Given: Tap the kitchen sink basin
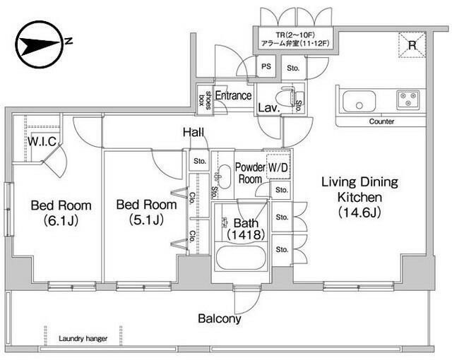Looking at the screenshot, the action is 359,101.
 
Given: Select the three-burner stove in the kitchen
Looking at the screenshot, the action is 408,100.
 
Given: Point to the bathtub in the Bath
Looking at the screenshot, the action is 241,258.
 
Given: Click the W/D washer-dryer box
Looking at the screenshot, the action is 278,167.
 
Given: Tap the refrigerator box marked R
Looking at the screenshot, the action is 412,45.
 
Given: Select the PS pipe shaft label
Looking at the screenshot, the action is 266,66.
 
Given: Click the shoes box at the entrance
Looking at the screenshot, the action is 205,100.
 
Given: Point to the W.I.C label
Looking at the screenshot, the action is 42,141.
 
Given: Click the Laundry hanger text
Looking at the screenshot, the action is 83,339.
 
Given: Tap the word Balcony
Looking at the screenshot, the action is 220,318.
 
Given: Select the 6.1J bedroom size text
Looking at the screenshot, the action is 61,221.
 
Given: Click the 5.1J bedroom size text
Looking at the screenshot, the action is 147,220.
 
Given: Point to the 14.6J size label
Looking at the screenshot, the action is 359,212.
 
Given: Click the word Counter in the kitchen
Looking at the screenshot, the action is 381,121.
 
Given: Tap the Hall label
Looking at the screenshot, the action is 194,133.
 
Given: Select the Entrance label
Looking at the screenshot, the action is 233,95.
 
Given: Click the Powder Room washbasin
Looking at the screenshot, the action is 224,176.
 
